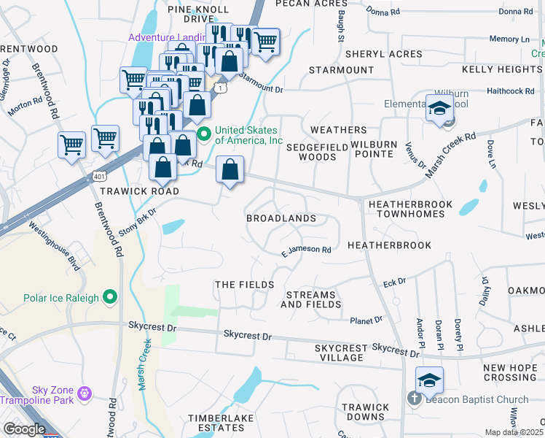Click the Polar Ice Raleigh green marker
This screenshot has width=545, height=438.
[x=110, y=296]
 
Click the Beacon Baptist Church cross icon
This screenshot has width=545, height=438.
[x=413, y=399]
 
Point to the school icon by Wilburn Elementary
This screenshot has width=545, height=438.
[x=439, y=109]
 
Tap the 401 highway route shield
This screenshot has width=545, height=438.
[x=98, y=176]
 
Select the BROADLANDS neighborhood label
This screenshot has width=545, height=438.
[x=281, y=218]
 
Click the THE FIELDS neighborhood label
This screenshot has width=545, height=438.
[x=244, y=284]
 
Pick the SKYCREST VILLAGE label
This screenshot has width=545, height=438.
[x=339, y=353]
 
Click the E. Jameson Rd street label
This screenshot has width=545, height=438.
[x=307, y=250]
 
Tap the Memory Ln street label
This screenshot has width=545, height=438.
[x=509, y=39]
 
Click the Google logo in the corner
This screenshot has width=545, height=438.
[x=24, y=429]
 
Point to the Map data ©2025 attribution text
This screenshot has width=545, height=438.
[x=514, y=432]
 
